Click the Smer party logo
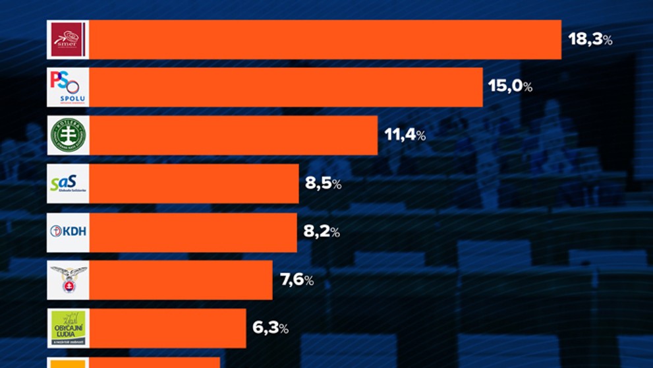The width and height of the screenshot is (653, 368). tap(68, 40)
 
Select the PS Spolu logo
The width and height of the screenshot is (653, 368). tap(68, 88)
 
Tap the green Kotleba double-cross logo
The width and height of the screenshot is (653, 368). tap(68, 136)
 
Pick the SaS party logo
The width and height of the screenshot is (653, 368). tap(68, 184)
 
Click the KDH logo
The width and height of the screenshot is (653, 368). tap(68, 231)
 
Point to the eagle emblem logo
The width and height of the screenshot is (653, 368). tap(68, 280)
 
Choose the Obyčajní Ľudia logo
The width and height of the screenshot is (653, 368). tap(68, 328)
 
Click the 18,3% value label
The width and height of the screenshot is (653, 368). tap(590, 40)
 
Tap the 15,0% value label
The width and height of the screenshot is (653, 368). tap(510, 86)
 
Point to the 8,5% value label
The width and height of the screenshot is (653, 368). tap(323, 184)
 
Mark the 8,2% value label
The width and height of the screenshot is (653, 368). tap(322, 231)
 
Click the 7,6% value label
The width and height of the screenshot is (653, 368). tap(297, 280)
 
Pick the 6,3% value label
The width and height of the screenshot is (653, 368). tap(270, 328)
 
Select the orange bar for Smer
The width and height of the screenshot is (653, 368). tap(325, 40)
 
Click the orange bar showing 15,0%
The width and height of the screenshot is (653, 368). tap(285, 88)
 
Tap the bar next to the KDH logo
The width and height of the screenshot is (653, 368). tap(192, 231)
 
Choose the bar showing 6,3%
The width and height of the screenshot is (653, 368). tap(167, 328)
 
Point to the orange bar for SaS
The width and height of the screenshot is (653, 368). tap(194, 184)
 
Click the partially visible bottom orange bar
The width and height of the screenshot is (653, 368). tap(154, 363)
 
